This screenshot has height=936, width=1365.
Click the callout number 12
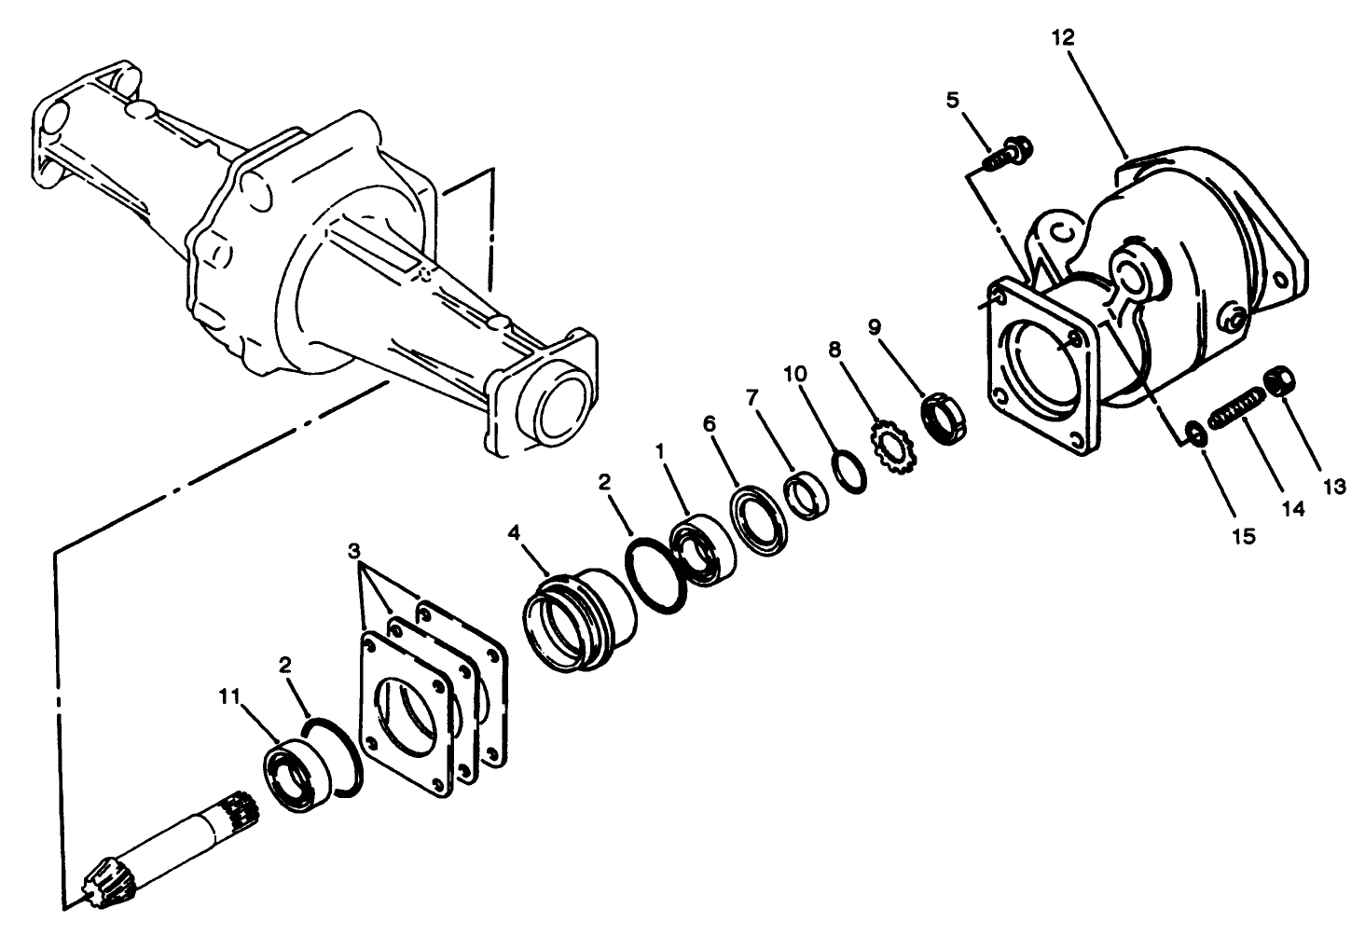click(x=1063, y=37)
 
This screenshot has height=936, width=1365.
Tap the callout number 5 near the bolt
click(x=952, y=100)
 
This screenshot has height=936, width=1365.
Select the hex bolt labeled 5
click(x=1005, y=155)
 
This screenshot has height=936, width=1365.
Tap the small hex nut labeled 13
click(x=1279, y=382)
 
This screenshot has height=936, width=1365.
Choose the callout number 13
click(x=1333, y=486)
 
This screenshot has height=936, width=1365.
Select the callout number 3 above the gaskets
click(x=353, y=548)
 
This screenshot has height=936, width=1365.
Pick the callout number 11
click(x=229, y=695)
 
